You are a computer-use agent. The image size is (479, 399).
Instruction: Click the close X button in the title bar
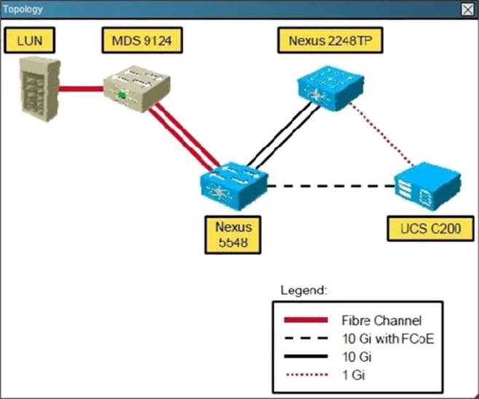pyautogui.click(x=467, y=9)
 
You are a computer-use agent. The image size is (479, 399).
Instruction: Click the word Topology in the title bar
pyautogui.click(x=25, y=10)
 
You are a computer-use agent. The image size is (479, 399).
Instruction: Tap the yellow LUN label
pyautogui.click(x=30, y=41)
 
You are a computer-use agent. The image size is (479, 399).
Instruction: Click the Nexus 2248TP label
pyautogui.click(x=321, y=41)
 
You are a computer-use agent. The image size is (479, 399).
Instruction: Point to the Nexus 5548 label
pyautogui.click(x=232, y=233)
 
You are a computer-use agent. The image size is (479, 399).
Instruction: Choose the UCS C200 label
pyautogui.click(x=427, y=231)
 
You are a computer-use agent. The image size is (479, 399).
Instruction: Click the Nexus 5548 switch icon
pyautogui.click(x=233, y=181)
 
